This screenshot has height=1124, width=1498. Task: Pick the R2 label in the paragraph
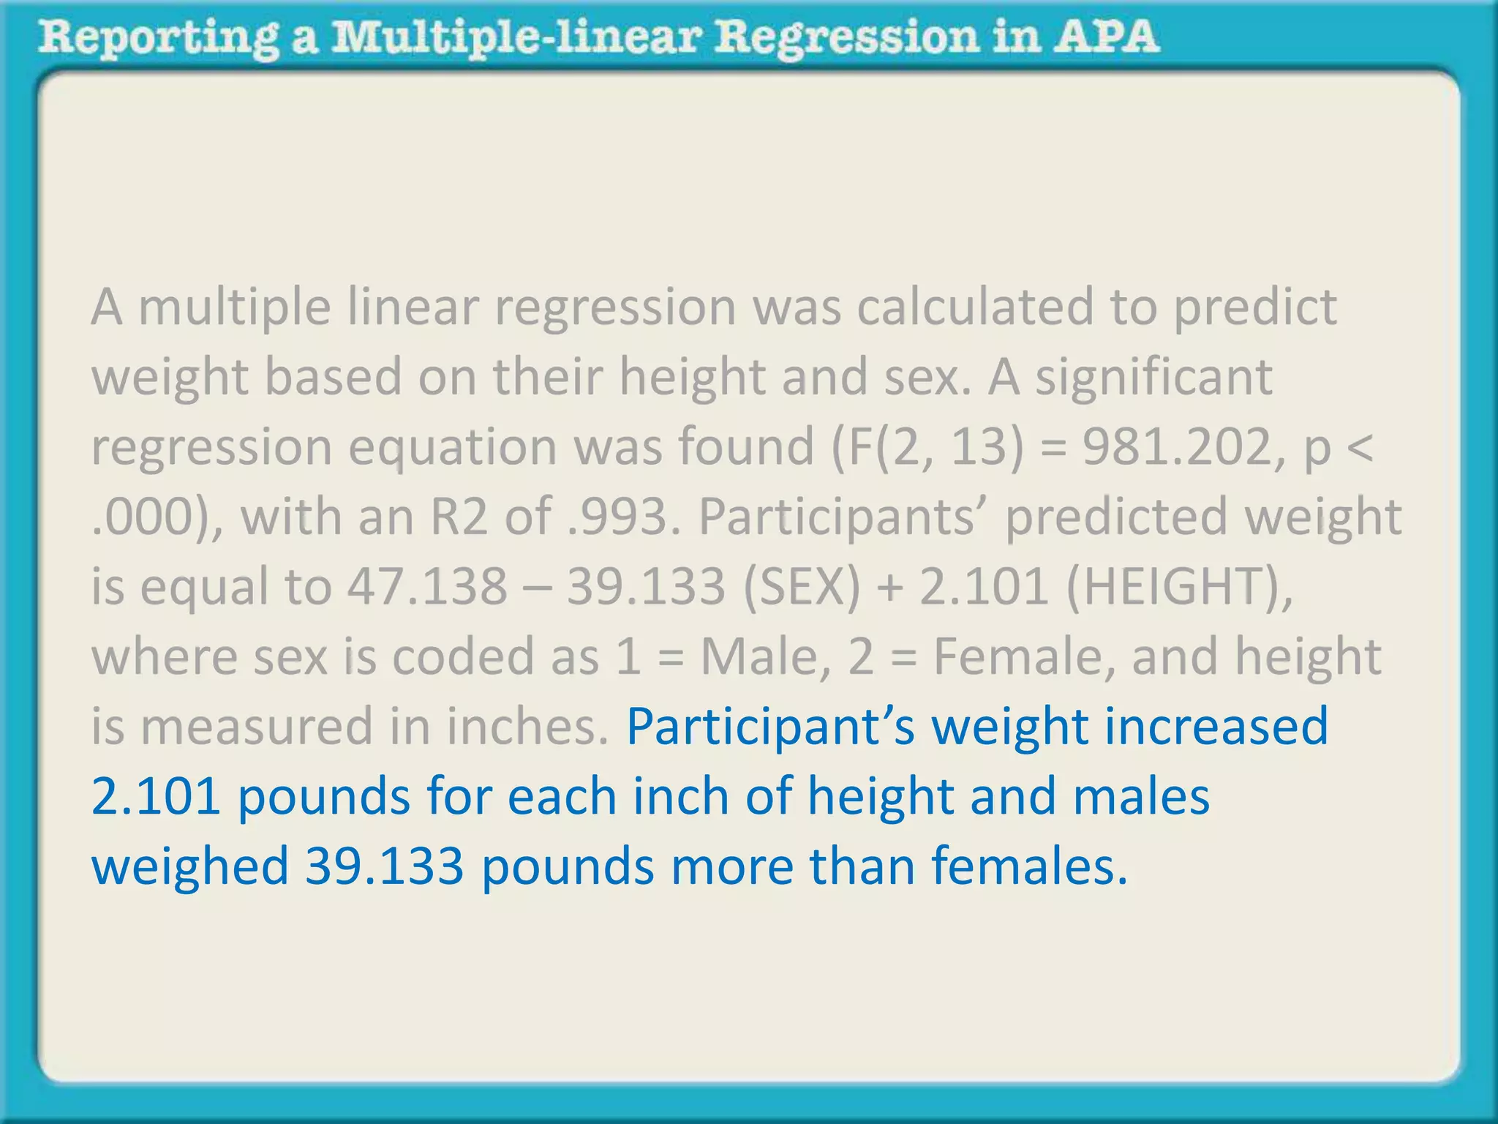pos(458,516)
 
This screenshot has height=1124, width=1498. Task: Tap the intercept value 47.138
pos(427,586)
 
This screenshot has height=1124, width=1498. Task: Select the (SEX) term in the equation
pos(802,586)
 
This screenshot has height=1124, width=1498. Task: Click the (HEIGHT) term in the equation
pos(1178,586)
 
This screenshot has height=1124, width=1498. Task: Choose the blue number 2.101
pos(156,796)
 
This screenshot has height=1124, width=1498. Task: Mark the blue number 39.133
pos(385,866)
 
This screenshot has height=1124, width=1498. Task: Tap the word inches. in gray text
pos(527,727)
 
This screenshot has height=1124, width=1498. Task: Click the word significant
pos(1153,376)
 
